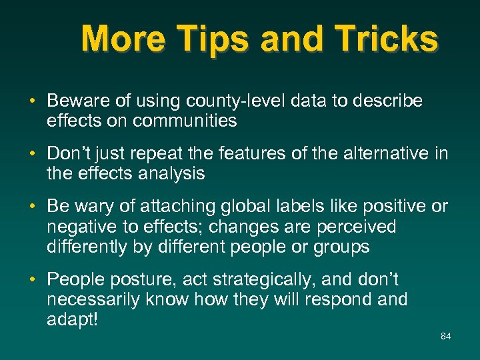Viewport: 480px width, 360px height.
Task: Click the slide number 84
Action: pyautogui.click(x=445, y=336)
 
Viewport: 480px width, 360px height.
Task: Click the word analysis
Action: pyautogui.click(x=171, y=174)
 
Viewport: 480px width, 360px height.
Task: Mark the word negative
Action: pyautogui.click(x=78, y=227)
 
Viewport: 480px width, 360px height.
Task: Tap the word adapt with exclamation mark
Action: pyautogui.click(x=73, y=319)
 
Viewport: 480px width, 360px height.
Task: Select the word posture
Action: pyautogui.click(x=141, y=280)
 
